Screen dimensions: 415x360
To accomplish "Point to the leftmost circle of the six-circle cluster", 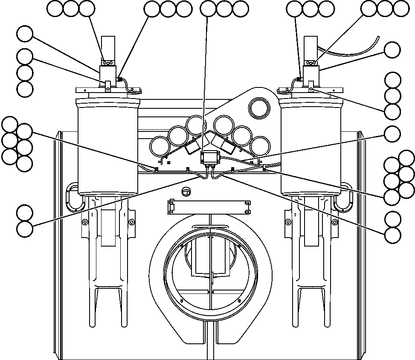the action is [160, 146].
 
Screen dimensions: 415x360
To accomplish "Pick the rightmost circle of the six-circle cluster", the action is [260, 146].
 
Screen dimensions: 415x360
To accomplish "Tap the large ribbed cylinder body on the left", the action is [107, 147].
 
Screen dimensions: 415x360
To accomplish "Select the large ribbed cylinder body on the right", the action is [311, 147].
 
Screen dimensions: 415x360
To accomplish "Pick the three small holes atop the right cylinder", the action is [311, 63].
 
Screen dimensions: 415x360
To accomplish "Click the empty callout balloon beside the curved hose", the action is [392, 50].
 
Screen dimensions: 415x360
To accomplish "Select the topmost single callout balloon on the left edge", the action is [25, 34].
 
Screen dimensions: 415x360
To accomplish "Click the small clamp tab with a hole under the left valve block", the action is [107, 88].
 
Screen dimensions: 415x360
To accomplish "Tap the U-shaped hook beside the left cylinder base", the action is [72, 197].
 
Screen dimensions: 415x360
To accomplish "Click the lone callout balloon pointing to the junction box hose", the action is [392, 134].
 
